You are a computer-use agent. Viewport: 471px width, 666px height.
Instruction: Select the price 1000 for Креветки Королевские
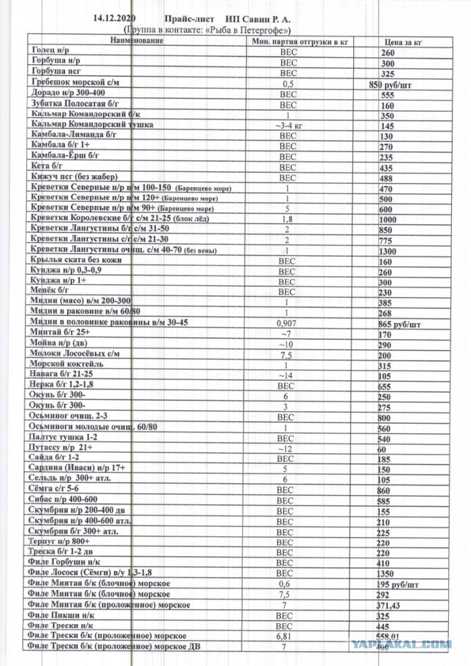[388, 219]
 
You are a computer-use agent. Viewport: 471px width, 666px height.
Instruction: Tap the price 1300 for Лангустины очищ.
[388, 251]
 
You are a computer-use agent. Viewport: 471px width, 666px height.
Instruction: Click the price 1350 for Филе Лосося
[385, 573]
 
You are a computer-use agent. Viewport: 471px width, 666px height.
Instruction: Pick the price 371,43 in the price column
[388, 604]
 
